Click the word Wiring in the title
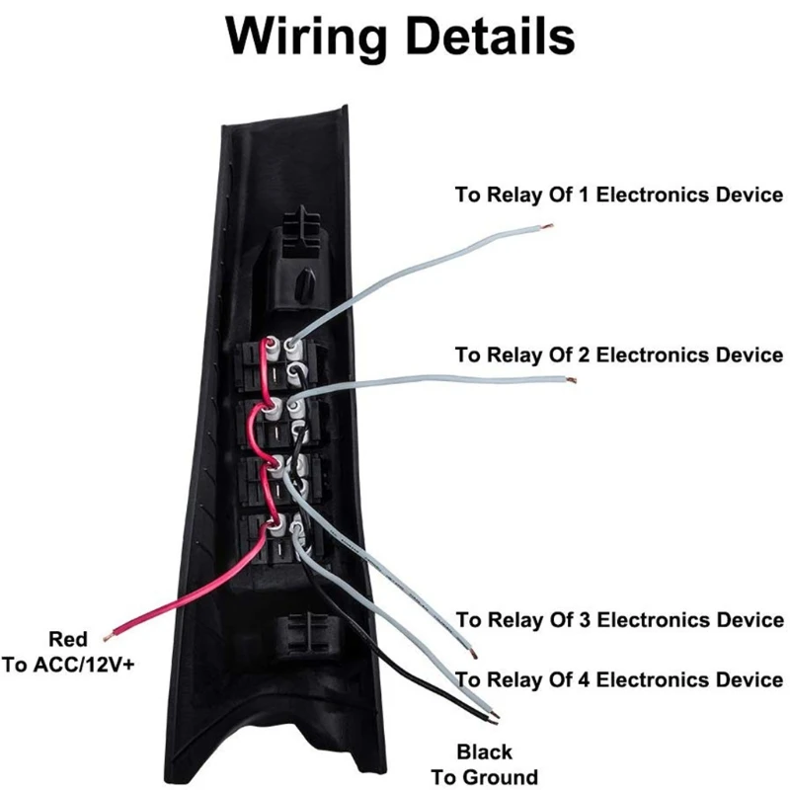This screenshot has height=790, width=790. [x=306, y=38]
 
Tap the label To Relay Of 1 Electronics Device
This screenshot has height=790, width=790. [x=619, y=195]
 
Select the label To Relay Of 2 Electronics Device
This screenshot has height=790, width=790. [x=619, y=355]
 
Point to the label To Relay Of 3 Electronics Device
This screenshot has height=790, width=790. [x=620, y=620]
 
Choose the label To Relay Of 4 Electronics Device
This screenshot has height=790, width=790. [x=619, y=679]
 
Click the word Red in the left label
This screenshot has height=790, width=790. [x=68, y=639]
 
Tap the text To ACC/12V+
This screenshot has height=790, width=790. [x=68, y=665]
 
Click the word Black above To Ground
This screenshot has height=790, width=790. [x=484, y=751]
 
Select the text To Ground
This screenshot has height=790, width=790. [x=484, y=777]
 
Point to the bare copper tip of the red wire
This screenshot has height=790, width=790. [x=107, y=638]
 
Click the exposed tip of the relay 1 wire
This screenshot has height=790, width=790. [x=549, y=226]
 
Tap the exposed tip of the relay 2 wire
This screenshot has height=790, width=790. [x=571, y=380]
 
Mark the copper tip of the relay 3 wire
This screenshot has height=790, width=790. [x=473, y=655]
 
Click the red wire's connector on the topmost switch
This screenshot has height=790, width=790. [x=273, y=348]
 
